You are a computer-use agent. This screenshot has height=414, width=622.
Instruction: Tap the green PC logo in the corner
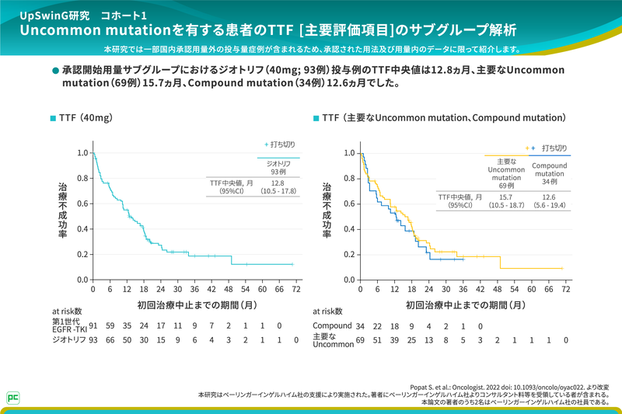click(13, 395)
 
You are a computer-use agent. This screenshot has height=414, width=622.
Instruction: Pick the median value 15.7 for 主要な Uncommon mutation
click(506, 197)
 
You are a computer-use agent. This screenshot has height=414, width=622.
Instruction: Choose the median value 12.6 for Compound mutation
click(549, 197)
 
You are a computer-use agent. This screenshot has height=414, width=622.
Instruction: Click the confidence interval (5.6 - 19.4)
click(549, 206)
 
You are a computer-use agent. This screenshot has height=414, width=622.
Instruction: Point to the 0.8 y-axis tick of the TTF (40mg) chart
click(82, 178)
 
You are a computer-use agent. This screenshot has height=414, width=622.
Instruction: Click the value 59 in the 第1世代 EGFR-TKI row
click(110, 325)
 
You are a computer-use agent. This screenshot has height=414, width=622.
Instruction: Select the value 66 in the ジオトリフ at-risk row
click(110, 339)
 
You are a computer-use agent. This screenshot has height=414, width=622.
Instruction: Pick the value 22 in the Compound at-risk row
click(376, 325)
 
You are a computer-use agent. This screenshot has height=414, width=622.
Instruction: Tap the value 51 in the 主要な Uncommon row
click(376, 339)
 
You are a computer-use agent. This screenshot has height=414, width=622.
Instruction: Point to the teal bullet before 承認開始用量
click(54, 71)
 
